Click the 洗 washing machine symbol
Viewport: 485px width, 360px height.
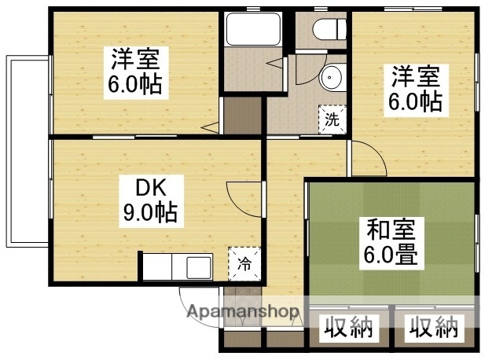331,119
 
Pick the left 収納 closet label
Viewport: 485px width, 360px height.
347,327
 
